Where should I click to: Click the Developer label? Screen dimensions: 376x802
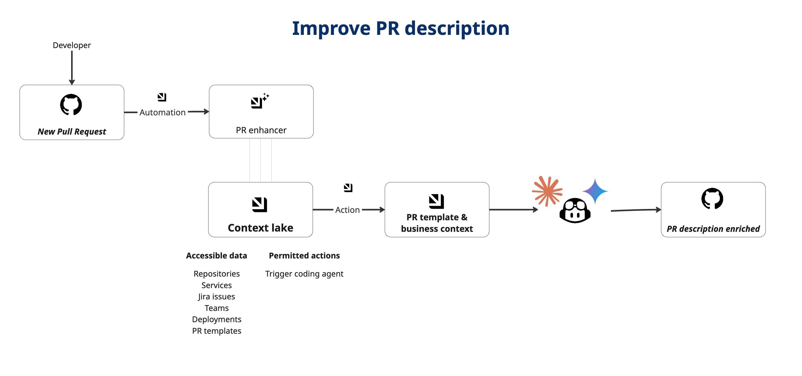(x=72, y=45)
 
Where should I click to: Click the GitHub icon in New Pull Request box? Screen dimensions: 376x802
(x=71, y=105)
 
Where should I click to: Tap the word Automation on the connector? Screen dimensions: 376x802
(x=162, y=112)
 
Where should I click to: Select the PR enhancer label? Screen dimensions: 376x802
(x=261, y=130)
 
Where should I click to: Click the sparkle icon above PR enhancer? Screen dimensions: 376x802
(x=260, y=101)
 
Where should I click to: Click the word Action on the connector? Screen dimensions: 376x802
(x=347, y=210)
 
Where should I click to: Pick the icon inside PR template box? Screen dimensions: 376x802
(x=436, y=201)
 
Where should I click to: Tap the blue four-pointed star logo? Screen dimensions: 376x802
(x=595, y=191)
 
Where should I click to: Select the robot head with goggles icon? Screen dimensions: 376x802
(x=575, y=211)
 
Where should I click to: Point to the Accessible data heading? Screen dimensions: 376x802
(x=216, y=255)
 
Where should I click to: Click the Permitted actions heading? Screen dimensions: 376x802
(x=304, y=255)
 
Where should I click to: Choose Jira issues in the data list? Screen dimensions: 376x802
(x=216, y=297)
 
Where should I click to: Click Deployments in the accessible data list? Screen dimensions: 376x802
(x=216, y=319)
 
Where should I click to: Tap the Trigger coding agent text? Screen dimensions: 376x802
(x=304, y=274)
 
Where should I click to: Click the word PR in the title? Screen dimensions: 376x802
(x=387, y=28)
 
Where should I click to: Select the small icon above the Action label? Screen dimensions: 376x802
(x=348, y=188)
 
